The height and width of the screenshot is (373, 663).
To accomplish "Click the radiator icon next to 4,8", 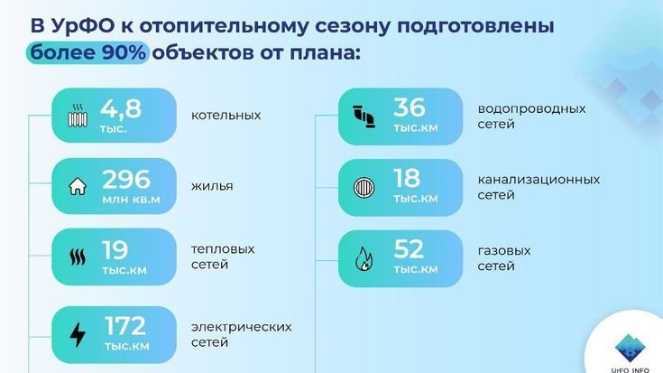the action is click(78, 116).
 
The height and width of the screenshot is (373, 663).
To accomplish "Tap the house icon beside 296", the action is click(78, 186).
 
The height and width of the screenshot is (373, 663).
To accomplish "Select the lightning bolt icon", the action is click(78, 334).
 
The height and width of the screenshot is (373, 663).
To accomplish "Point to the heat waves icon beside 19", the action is click(78, 257).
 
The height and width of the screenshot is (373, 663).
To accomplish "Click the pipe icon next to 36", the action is click(364, 117).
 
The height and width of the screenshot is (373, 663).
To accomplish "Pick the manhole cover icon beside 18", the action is click(364, 187).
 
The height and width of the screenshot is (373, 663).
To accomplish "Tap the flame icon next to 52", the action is click(364, 258).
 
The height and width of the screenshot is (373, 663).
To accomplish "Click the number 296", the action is click(126, 179).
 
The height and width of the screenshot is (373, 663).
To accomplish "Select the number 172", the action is click(125, 325).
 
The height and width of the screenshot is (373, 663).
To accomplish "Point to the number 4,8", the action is click(121, 108).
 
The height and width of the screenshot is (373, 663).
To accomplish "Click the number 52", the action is click(409, 249).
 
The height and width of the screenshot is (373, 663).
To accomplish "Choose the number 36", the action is click(409, 107).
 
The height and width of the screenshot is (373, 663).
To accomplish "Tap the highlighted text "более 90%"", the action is click(88, 52).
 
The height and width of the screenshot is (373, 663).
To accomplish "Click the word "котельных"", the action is click(226, 116).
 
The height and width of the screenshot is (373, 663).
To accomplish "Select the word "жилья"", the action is click(212, 186).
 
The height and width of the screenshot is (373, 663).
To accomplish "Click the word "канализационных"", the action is click(539, 180).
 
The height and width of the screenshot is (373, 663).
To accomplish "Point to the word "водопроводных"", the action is click(531, 108).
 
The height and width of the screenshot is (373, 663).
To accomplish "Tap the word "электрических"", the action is click(241, 327).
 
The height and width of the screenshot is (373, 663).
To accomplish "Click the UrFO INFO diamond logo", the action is click(630, 349).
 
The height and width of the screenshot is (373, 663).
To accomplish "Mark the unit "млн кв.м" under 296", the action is click(131, 200).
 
